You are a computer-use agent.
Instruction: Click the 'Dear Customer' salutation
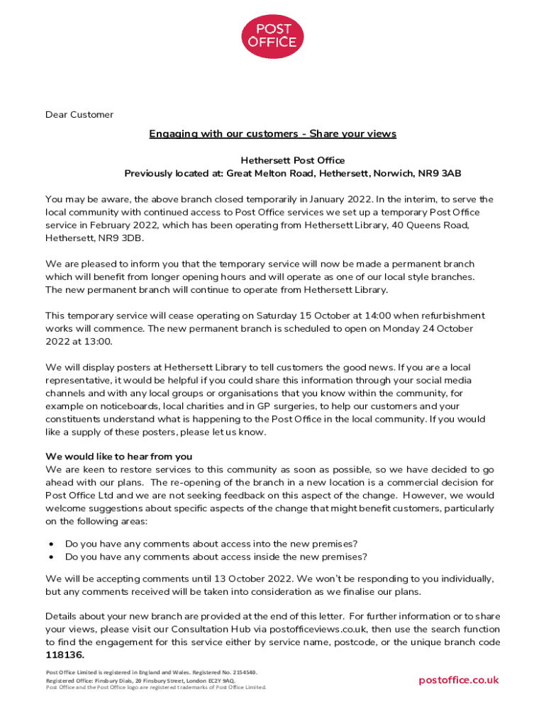[79, 115]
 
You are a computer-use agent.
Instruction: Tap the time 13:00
[98, 342]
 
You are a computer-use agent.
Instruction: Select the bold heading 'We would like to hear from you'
[118, 457]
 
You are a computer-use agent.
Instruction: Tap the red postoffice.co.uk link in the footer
[458, 680]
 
